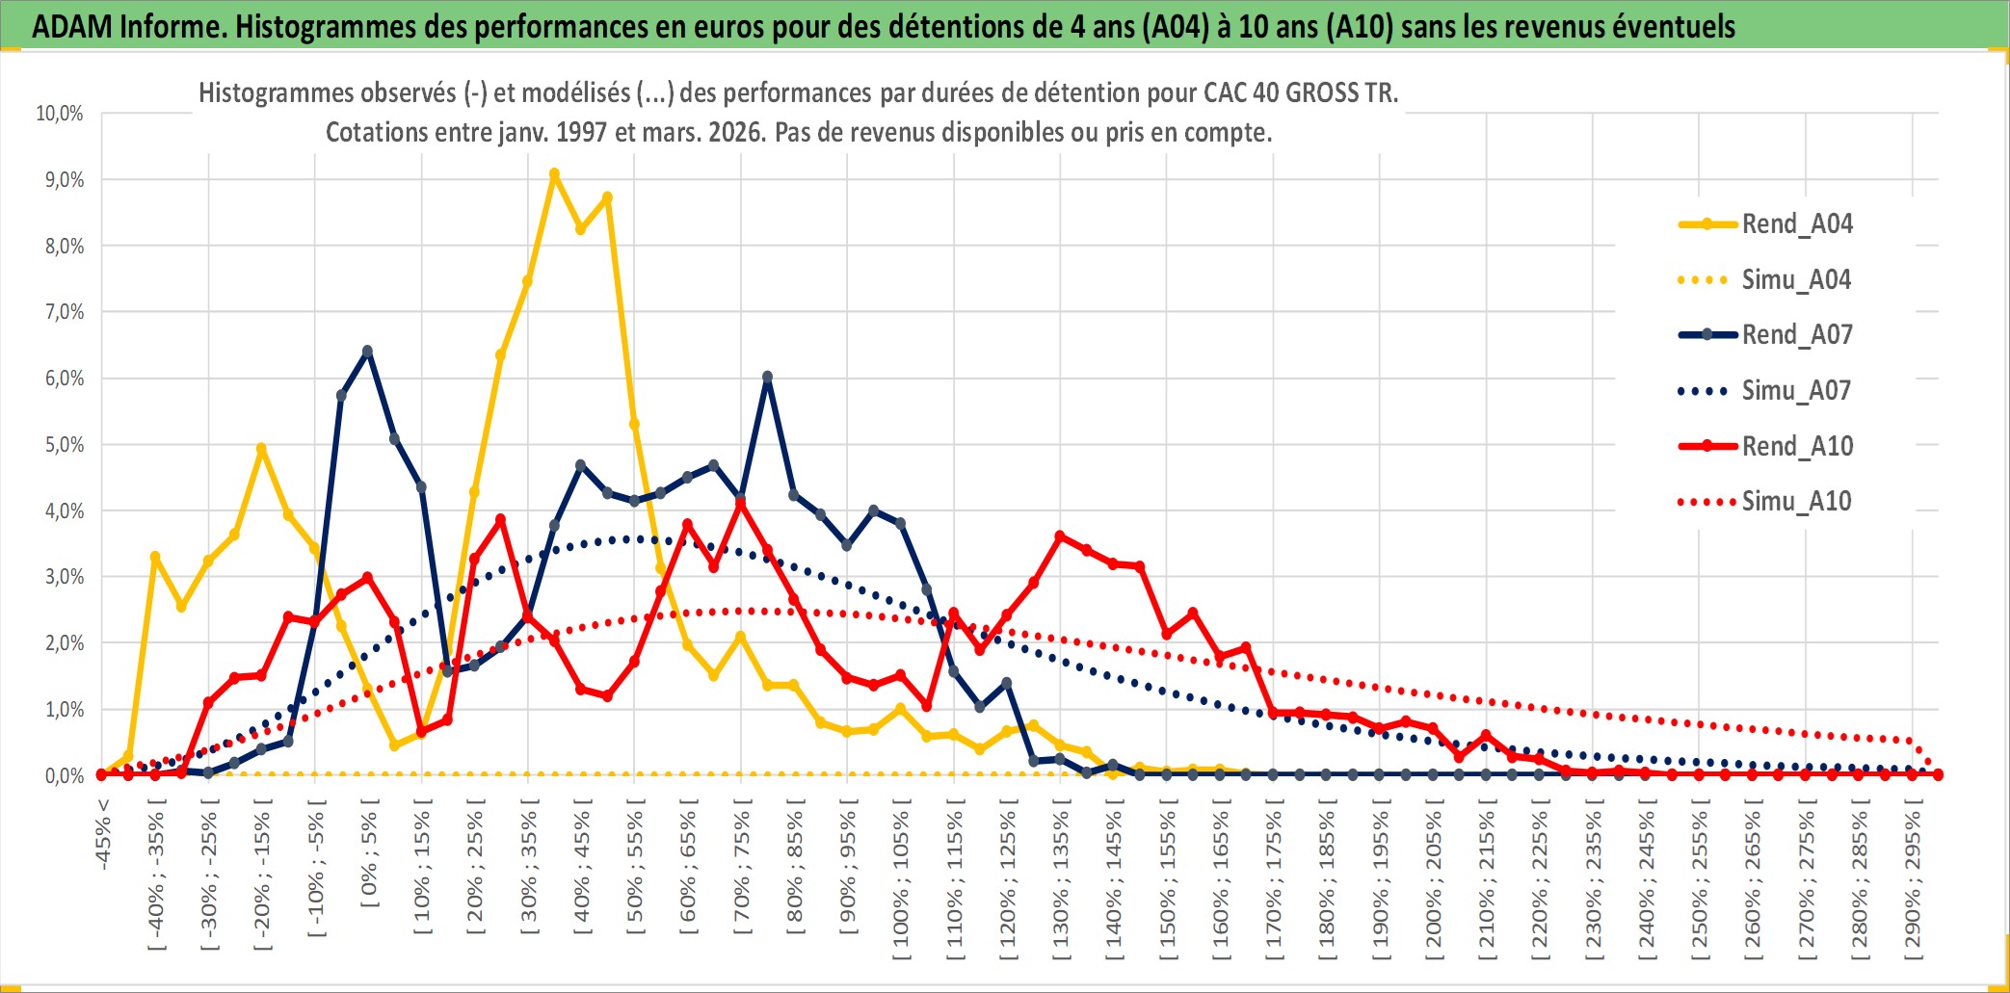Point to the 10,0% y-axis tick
click(x=60, y=114)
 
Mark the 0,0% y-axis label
click(x=64, y=776)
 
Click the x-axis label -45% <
click(x=103, y=834)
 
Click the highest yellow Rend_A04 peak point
click(x=554, y=174)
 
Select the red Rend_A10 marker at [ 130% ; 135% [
click(x=1060, y=536)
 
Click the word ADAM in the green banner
click(x=72, y=26)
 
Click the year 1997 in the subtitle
click(x=582, y=132)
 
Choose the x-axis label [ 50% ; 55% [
click(x=635, y=872)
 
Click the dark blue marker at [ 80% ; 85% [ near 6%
click(x=767, y=378)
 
